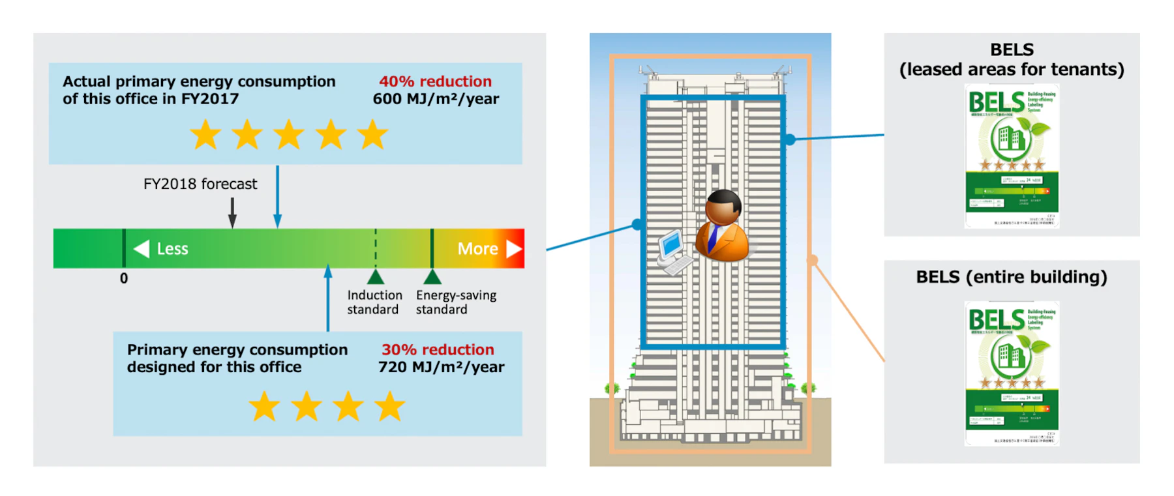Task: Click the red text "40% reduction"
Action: point(435,81)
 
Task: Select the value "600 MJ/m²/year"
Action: point(436,99)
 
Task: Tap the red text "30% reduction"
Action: point(438,350)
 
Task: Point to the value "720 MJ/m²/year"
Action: point(441,368)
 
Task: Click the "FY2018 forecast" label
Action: point(200,184)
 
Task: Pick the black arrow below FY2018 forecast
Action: point(232,213)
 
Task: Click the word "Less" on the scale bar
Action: point(172,249)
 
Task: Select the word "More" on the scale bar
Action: point(477,249)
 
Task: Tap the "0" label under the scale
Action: point(124,279)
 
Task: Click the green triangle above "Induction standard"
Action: point(375,277)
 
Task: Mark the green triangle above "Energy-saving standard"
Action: point(432,277)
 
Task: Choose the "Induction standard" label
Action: point(374,302)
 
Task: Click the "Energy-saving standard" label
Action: point(456,302)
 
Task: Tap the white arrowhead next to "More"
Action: point(514,249)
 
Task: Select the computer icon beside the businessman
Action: point(672,252)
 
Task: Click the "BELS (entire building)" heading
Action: point(1011,277)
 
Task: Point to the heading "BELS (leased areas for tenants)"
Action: point(1011,60)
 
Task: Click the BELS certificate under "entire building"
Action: point(1011,373)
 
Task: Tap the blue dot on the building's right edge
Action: point(790,139)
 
